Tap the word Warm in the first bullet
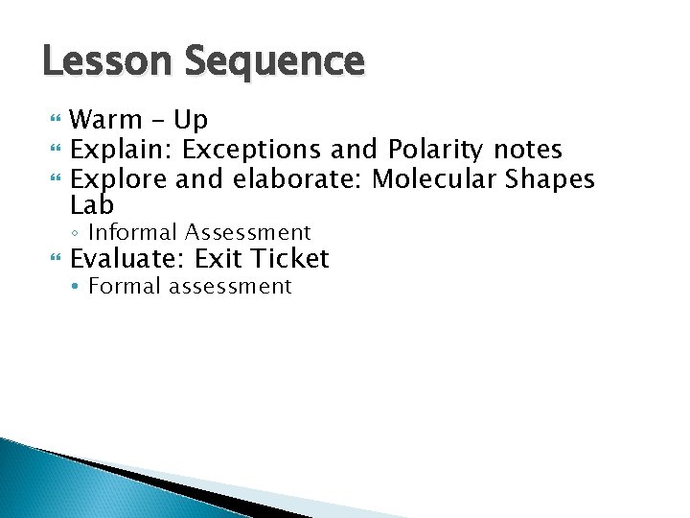106,121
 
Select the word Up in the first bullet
191,121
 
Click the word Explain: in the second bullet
122,150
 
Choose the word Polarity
437,151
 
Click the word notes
527,150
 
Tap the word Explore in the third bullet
120,179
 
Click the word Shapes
553,179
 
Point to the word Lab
92,205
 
